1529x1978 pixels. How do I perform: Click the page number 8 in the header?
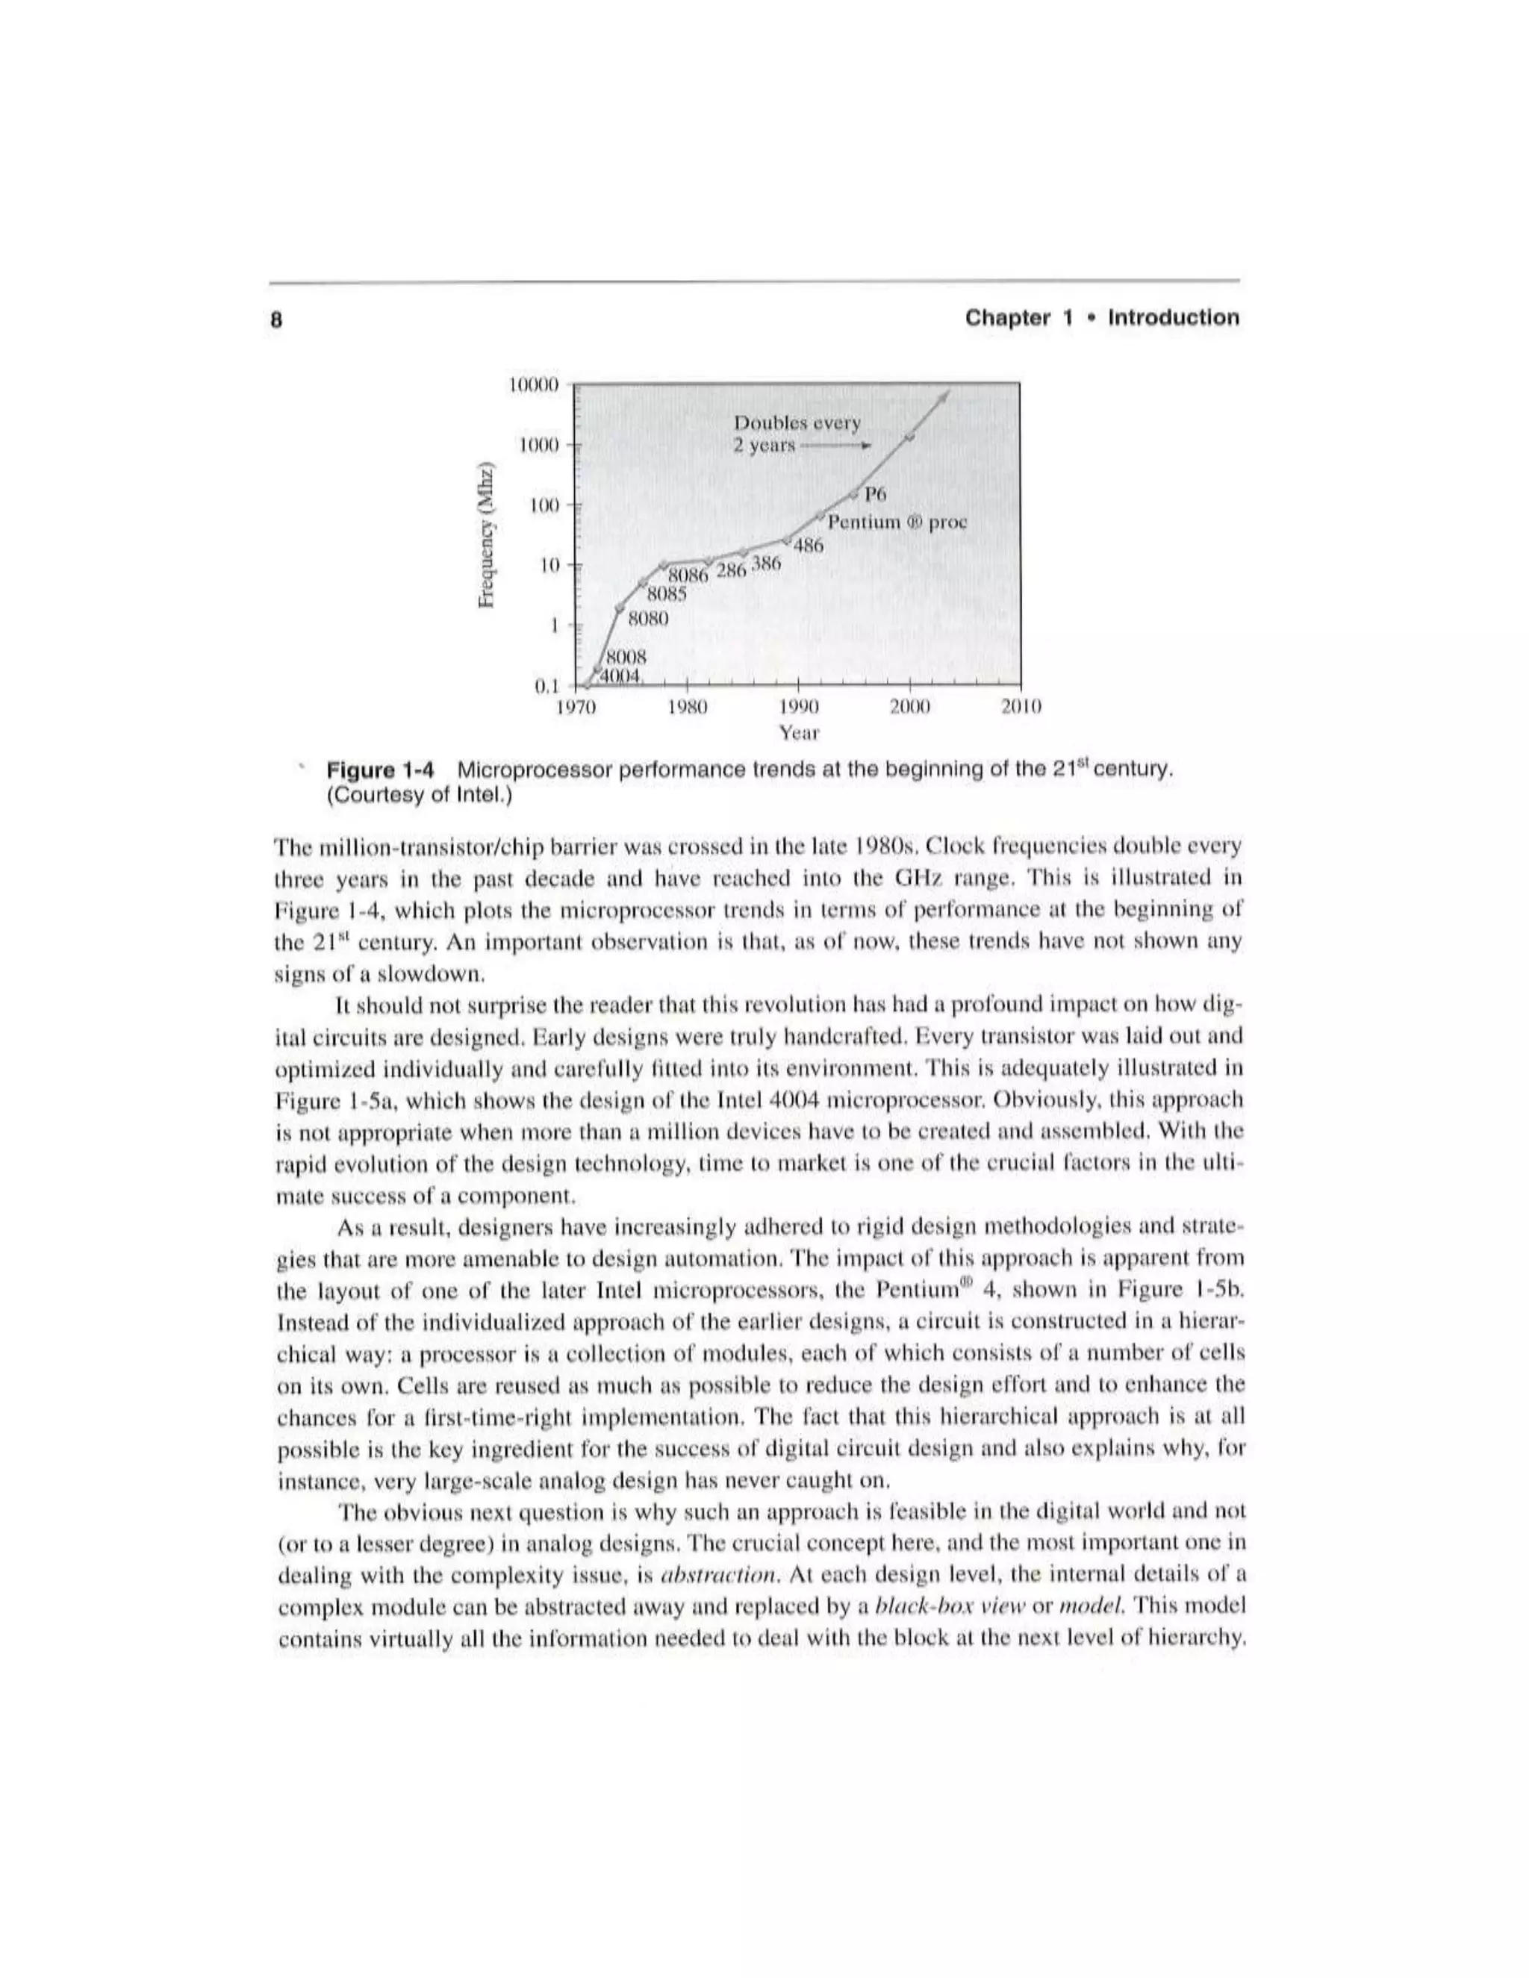277,319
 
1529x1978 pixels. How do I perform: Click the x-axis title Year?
799,731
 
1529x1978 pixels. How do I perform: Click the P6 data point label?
876,493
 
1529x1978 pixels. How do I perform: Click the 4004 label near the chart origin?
623,676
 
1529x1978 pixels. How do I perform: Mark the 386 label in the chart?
765,564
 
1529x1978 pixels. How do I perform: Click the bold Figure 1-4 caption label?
381,771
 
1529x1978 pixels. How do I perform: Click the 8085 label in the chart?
667,594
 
